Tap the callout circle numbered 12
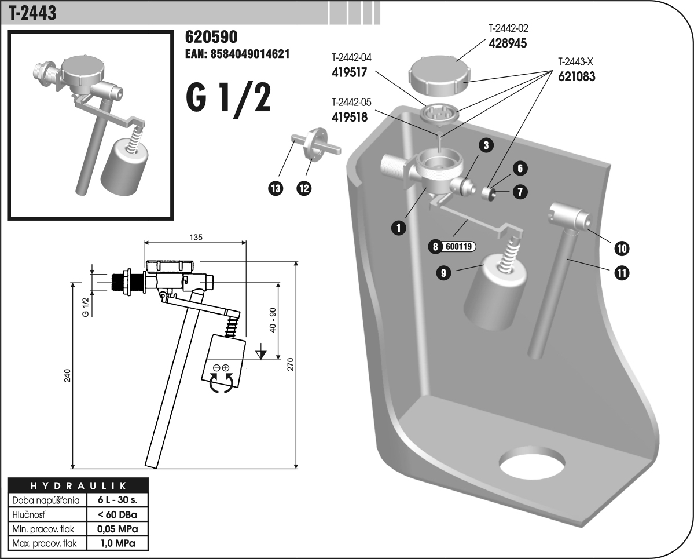coord(304,188)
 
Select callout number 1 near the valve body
coord(398,228)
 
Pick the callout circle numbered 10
coord(622,249)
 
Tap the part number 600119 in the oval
coord(458,247)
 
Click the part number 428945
coord(508,43)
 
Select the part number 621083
coord(577,76)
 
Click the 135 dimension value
coord(194,237)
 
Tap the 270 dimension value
coord(291,363)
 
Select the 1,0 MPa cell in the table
coord(117,543)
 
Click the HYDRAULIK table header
coord(78,485)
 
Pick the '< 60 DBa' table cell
coord(117,514)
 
